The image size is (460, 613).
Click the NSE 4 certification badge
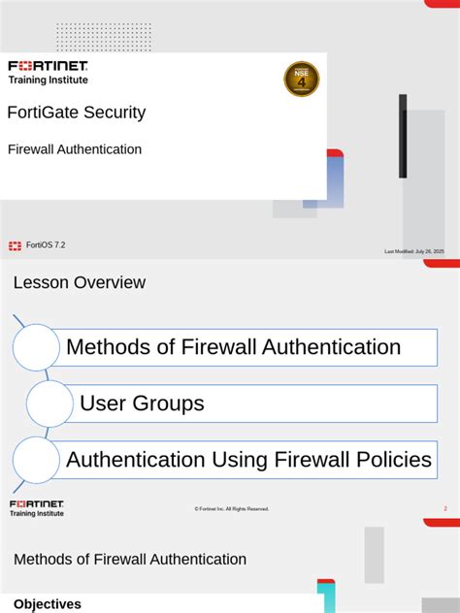point(302,79)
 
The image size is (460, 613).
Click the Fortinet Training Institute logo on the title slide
point(49,73)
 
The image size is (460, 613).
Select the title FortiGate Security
point(76,113)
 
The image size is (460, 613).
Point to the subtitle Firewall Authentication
point(75,149)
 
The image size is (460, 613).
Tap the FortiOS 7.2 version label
point(46,245)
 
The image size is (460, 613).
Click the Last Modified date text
point(414,251)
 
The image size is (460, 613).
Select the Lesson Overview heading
point(80,282)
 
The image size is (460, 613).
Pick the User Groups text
point(142,403)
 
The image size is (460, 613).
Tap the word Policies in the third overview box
point(383,460)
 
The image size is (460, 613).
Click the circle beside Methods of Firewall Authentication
point(36,347)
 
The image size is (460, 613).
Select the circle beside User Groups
point(50,403)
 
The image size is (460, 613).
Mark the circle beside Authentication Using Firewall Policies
point(36,460)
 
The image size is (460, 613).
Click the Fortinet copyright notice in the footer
point(231,508)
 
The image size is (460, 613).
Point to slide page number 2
point(445,508)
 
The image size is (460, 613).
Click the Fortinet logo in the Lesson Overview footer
point(37,508)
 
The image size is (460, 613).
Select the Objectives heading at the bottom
point(48,604)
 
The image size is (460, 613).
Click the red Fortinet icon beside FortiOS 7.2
point(15,245)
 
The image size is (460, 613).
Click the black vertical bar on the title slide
point(403,136)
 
